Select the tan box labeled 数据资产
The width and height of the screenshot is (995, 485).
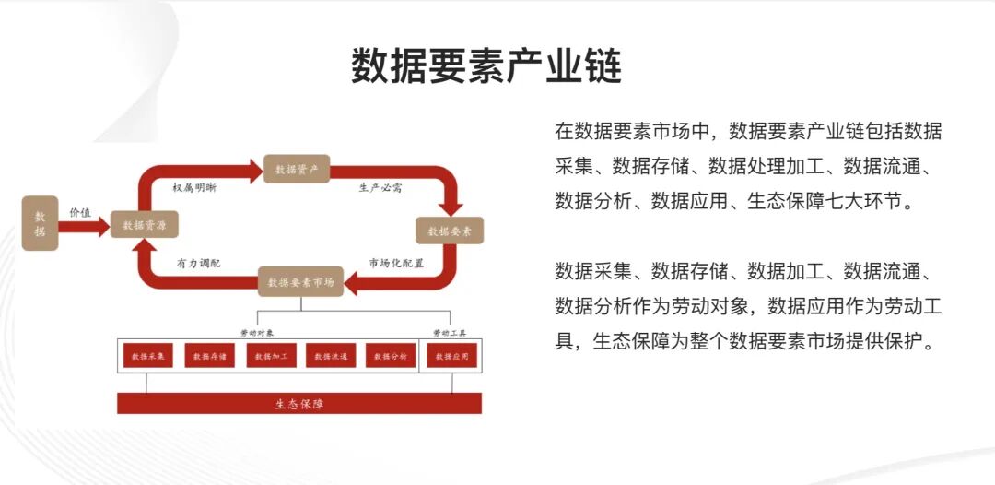coord(296,169)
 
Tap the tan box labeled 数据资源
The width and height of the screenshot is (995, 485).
coord(144,225)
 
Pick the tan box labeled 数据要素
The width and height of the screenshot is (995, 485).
coord(450,231)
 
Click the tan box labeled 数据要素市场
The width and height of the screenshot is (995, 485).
coord(299,281)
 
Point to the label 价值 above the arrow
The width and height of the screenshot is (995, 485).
coord(81,212)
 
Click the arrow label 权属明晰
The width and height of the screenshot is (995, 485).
coord(195,187)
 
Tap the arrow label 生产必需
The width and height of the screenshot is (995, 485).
coord(380,187)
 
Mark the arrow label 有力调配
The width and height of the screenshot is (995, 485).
coord(199,263)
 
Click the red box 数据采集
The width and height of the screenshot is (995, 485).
coord(147,355)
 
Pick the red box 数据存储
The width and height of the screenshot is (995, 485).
coord(209,355)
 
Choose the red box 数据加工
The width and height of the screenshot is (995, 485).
coord(271,355)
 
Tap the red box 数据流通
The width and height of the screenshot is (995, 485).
coord(331,355)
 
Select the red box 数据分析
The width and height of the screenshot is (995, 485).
coord(391,355)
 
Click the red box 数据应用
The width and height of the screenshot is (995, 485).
coord(451,355)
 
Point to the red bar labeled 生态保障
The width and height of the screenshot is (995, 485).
coord(299,403)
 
